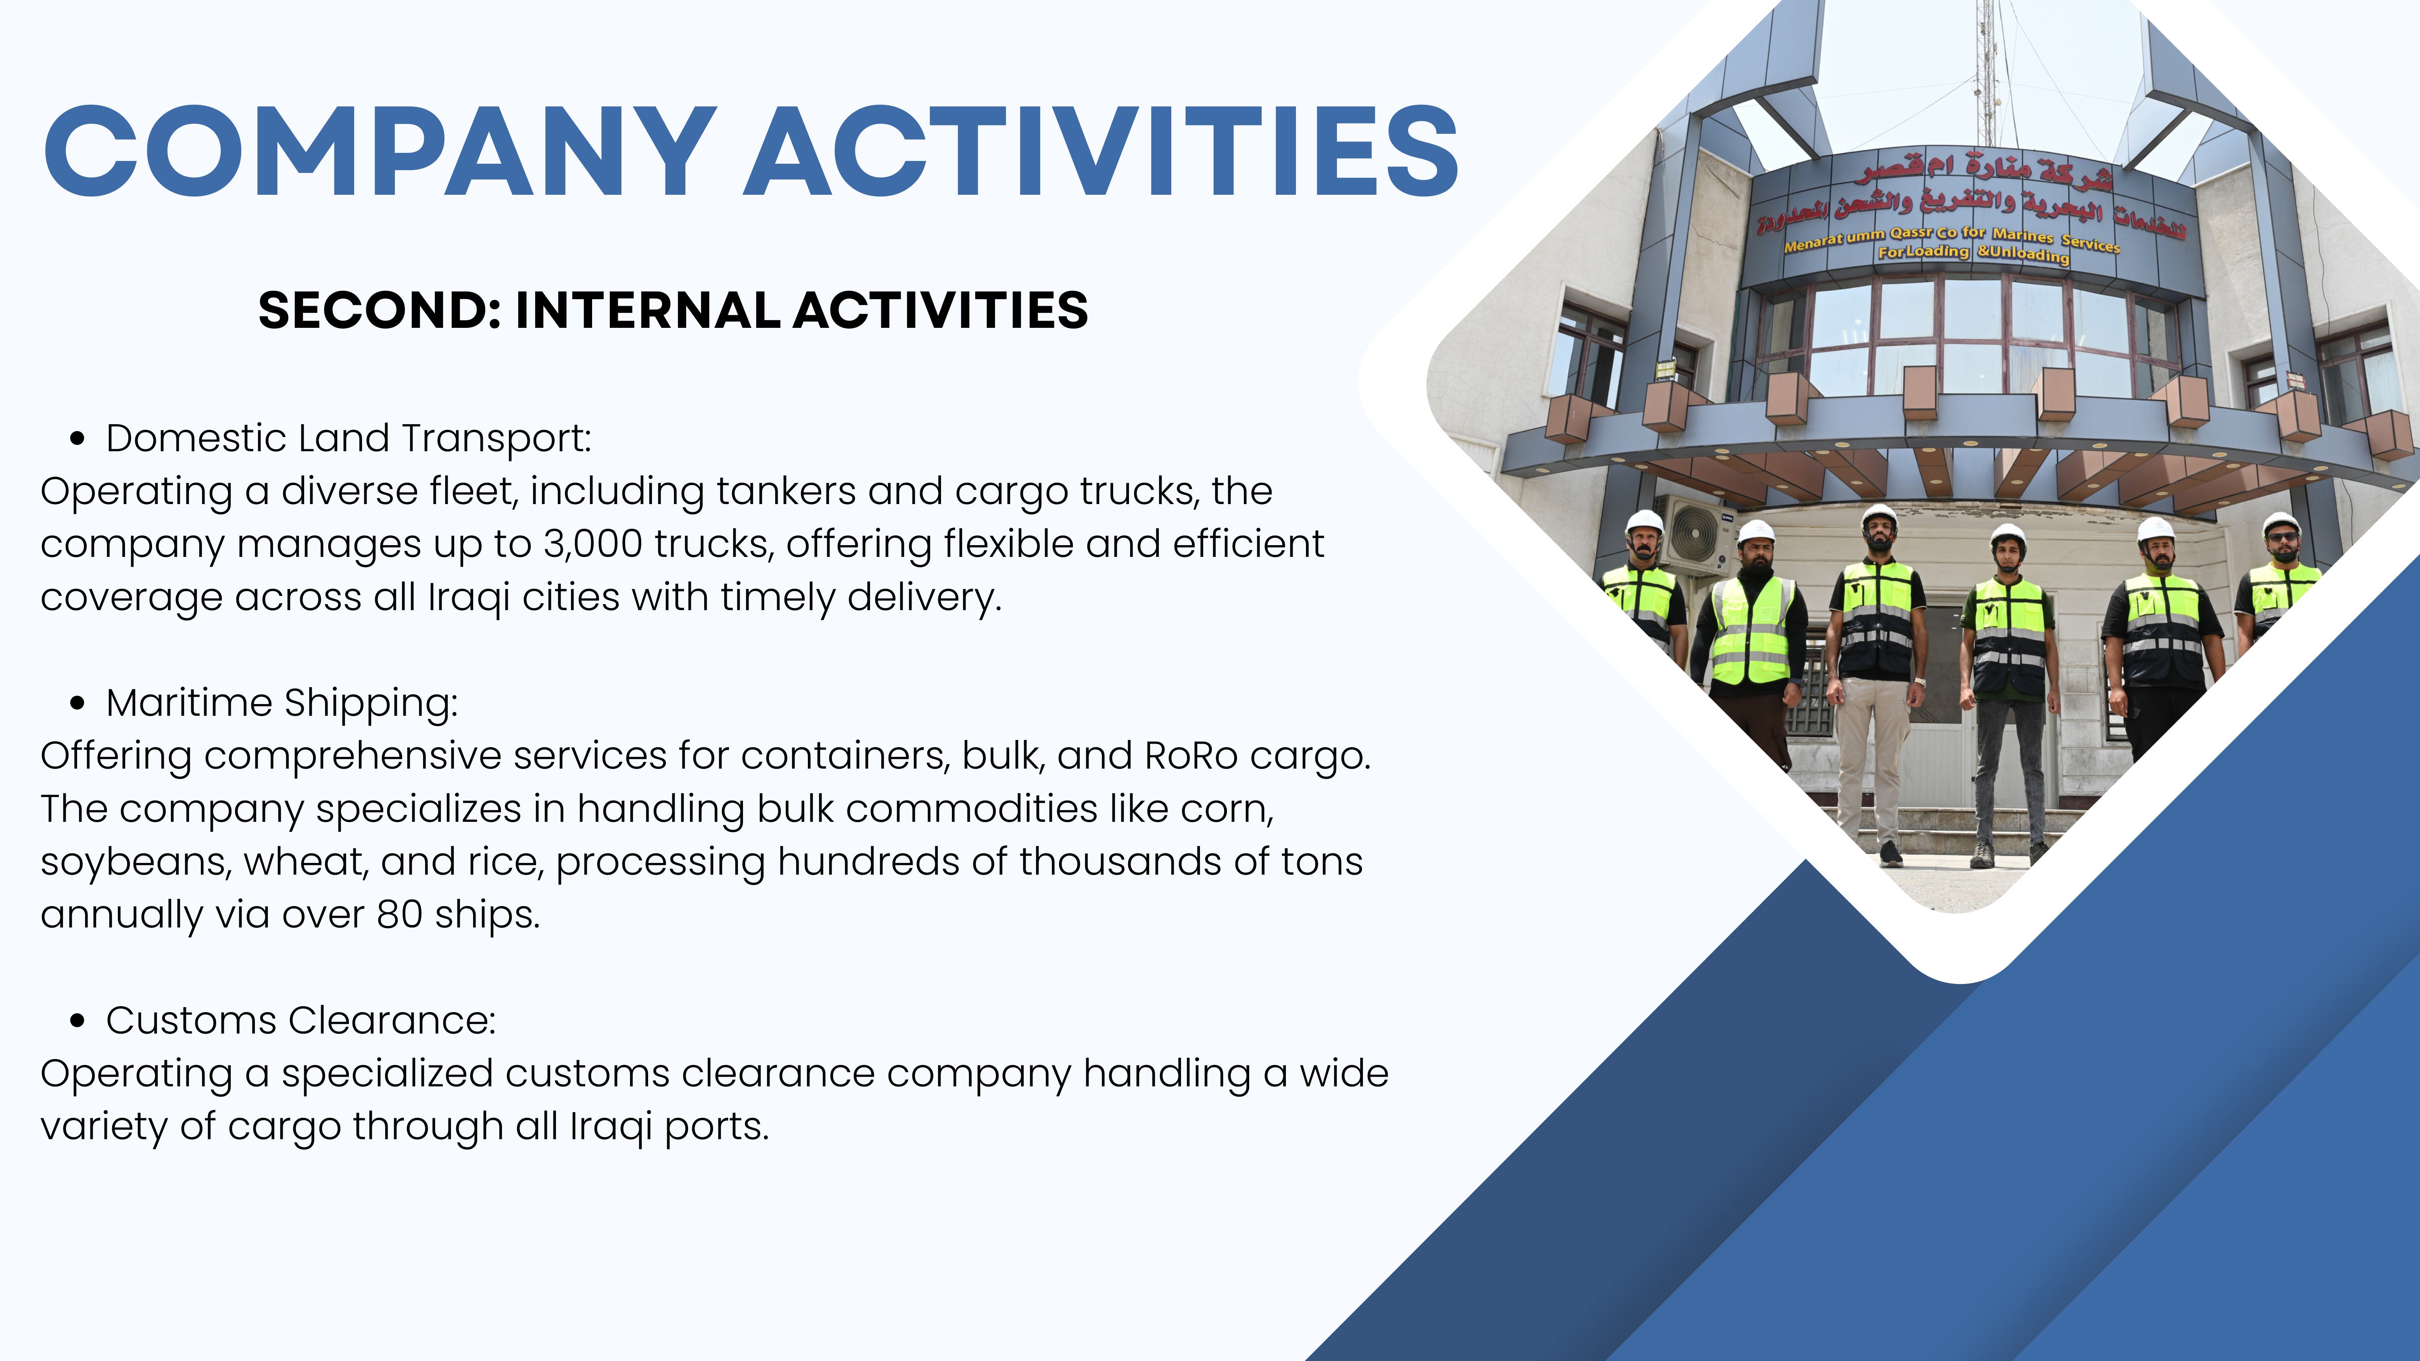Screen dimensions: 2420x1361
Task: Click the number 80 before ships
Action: click(399, 914)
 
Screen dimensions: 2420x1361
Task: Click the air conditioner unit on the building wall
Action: click(1697, 536)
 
